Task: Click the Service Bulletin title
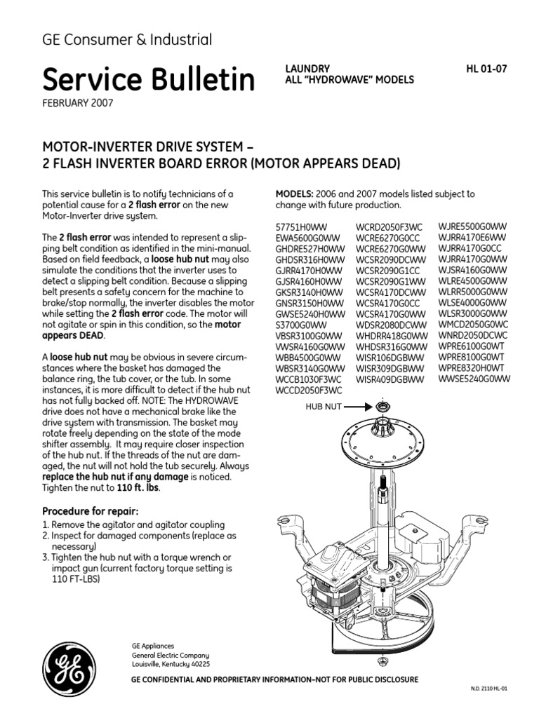pos(148,80)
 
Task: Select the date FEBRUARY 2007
pos(78,102)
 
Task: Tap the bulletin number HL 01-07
pos(486,69)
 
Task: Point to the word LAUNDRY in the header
pos(307,69)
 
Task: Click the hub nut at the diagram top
pos(383,407)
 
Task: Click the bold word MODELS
pos(293,194)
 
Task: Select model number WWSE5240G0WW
pos(474,379)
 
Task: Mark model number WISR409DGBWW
pos(390,379)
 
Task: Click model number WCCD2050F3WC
pos(309,390)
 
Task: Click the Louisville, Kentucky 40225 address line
pos(171,663)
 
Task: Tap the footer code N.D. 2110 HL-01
pos(488,689)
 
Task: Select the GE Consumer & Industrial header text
pos(127,40)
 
